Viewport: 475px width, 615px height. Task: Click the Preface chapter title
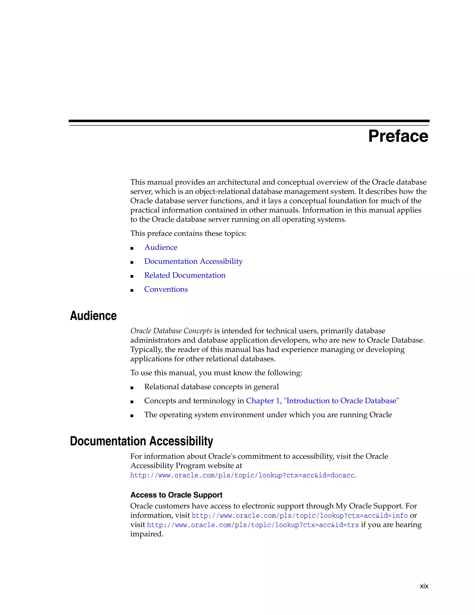pos(398,136)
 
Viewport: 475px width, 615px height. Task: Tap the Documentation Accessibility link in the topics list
pos(193,261)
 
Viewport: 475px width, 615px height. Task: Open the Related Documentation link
pos(185,275)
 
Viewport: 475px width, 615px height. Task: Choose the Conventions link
pos(166,289)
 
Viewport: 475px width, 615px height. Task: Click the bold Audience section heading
pos(93,316)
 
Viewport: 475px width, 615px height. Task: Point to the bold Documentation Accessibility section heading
pos(141,441)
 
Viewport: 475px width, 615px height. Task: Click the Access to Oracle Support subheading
pos(176,495)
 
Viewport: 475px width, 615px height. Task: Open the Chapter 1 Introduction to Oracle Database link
pos(322,401)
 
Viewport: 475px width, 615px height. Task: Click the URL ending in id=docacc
pos(242,475)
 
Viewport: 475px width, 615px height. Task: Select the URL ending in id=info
pos(299,516)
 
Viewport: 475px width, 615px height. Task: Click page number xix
pos(424,586)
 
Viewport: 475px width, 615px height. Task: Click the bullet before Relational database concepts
pos(132,388)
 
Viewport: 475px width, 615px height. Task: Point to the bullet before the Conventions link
pos(132,290)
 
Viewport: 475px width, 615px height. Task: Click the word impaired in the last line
pos(146,534)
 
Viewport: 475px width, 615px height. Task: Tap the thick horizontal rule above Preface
pos(249,121)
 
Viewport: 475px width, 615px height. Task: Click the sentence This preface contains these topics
pos(188,233)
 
